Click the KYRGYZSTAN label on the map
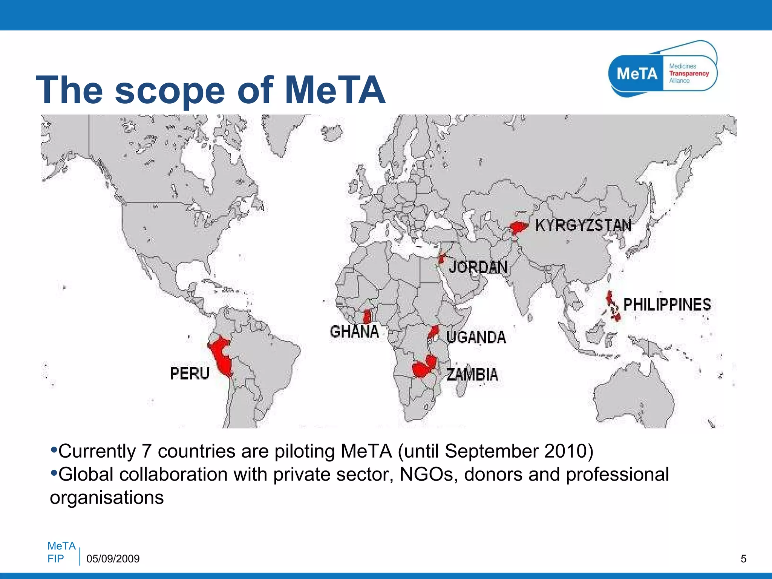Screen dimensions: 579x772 click(x=583, y=225)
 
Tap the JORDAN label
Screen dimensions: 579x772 click(x=478, y=267)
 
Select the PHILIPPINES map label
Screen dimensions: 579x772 click(x=667, y=305)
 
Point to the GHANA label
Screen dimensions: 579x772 click(x=354, y=332)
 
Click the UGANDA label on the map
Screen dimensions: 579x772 click(x=476, y=337)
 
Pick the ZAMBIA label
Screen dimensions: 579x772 click(x=472, y=374)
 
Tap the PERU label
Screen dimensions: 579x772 click(x=190, y=373)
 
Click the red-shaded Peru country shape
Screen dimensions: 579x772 click(x=222, y=356)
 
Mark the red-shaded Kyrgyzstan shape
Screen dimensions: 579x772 click(x=518, y=228)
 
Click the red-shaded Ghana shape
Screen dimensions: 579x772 click(x=367, y=317)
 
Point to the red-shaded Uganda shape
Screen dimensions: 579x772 click(x=433, y=332)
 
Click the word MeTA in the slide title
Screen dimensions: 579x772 click(x=335, y=90)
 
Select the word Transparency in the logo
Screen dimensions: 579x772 click(x=689, y=74)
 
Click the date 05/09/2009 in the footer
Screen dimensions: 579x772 click(x=113, y=559)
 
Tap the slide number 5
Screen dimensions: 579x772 click(x=743, y=559)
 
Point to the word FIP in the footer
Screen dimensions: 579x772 click(x=55, y=559)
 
